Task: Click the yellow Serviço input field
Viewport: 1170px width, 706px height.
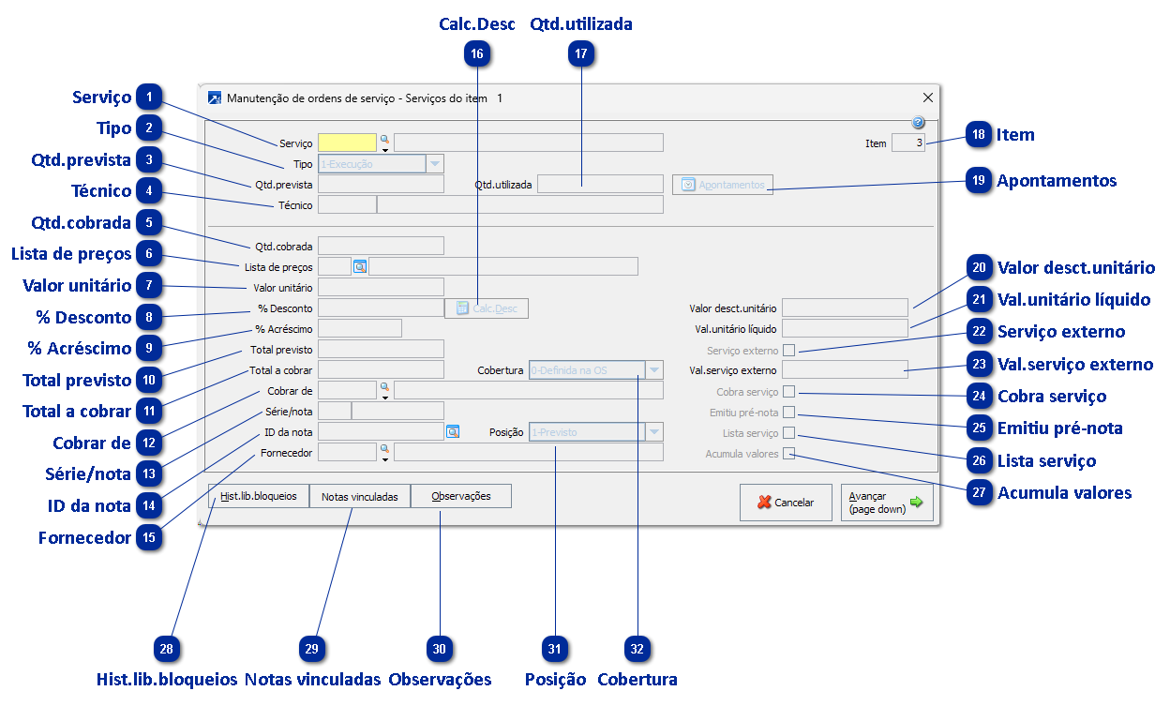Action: click(x=347, y=143)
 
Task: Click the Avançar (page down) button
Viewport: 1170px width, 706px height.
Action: click(x=886, y=503)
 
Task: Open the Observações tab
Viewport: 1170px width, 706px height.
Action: click(x=461, y=496)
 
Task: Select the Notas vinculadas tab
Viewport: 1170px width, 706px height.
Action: click(x=360, y=496)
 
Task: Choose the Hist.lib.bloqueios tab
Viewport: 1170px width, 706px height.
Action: click(x=259, y=496)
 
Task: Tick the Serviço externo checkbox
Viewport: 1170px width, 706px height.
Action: click(x=788, y=351)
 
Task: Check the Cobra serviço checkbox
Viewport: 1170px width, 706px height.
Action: click(x=788, y=392)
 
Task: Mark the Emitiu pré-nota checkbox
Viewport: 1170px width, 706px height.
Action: click(x=788, y=413)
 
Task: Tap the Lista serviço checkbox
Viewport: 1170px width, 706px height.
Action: click(x=788, y=433)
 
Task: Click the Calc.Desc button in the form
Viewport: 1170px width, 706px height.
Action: click(x=487, y=308)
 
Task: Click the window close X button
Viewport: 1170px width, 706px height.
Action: click(x=928, y=98)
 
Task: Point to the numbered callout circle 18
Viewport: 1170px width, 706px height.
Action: click(x=979, y=135)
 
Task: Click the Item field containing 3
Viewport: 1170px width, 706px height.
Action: click(x=908, y=143)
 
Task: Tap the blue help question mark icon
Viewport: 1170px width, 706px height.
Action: click(x=918, y=122)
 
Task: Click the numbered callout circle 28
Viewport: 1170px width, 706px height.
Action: click(x=167, y=650)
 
